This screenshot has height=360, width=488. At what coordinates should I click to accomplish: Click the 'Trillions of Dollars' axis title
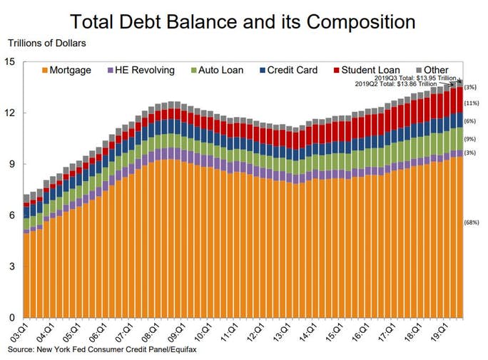46,44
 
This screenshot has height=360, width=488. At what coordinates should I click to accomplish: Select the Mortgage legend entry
66,70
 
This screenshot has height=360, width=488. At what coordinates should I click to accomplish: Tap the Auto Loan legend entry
217,70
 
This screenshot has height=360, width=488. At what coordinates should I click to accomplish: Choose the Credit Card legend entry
291,70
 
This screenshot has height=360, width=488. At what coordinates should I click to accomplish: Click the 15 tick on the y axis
9,61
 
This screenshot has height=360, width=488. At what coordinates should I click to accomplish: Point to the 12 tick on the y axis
9,113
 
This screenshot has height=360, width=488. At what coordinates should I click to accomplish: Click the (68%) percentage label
472,222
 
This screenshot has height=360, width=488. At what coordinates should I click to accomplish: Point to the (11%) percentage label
471,103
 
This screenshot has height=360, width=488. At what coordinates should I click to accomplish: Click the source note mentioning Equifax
104,350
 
